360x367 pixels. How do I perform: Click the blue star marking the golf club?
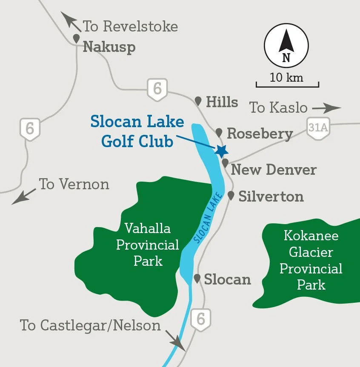[x=221, y=151]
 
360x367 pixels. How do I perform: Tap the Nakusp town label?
[x=109, y=46]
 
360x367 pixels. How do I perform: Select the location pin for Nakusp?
[x=77, y=39]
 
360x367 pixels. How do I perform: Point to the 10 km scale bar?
[x=287, y=85]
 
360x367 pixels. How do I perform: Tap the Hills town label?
[x=222, y=102]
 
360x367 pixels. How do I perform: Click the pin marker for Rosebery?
[x=219, y=132]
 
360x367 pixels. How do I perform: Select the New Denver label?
[x=274, y=170]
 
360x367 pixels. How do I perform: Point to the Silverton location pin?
[x=231, y=196]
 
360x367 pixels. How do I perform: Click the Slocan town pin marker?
[x=197, y=279]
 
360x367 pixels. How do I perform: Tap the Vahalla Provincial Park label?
[x=148, y=245]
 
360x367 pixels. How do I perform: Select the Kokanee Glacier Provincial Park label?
[x=311, y=260]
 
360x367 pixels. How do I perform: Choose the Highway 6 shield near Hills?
[x=157, y=89]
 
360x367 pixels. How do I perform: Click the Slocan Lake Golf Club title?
[x=137, y=131]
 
